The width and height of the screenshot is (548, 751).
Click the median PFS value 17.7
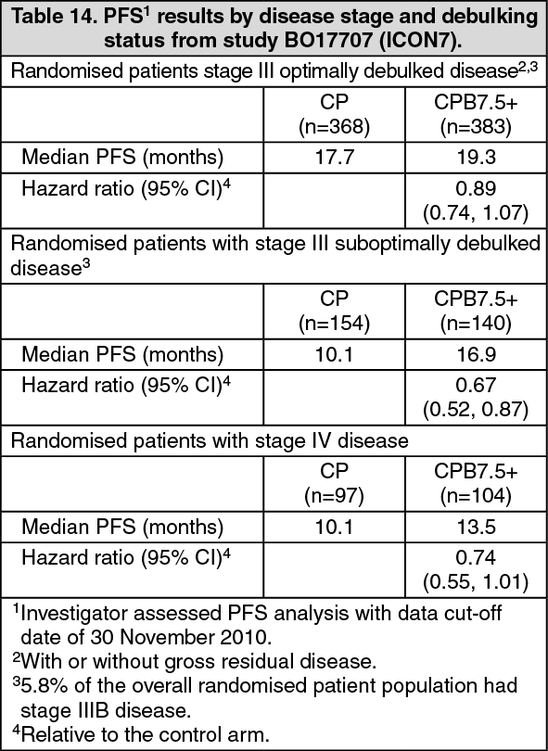pos(334,157)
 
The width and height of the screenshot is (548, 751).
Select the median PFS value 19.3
pos(477,157)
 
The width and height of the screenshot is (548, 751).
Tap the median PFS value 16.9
pos(477,354)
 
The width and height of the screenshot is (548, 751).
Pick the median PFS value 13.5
pos(477,527)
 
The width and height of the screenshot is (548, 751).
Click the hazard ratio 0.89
pos(477,188)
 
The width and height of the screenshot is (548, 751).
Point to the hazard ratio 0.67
pos(477,385)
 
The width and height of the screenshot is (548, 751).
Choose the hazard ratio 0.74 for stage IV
pos(477,557)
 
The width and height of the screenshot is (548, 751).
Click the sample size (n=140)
pos(477,325)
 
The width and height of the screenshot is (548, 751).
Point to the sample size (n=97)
pos(334,497)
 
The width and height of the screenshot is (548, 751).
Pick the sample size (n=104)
pos(477,497)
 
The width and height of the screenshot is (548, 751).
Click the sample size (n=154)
pos(334,325)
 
